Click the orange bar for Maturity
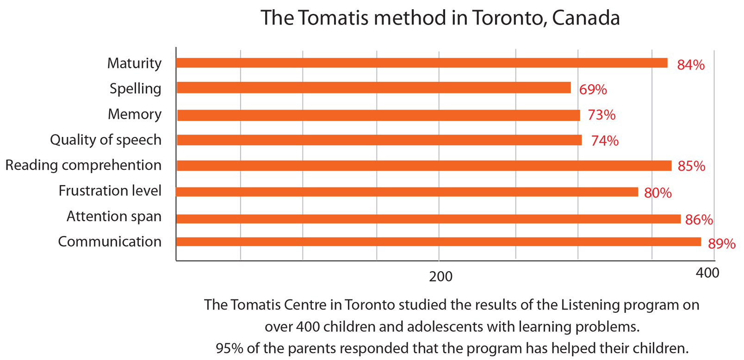click(421, 63)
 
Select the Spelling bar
click(373, 87)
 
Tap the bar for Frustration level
click(407, 192)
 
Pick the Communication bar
click(438, 242)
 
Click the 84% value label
click(691, 65)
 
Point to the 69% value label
click(593, 89)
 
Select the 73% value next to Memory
click(601, 115)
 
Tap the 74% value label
click(605, 141)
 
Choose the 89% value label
click(722, 243)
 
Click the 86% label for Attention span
click(699, 219)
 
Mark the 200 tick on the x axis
click(440, 277)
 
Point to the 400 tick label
click(707, 273)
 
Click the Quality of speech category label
click(105, 140)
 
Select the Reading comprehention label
click(83, 165)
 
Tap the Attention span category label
click(114, 216)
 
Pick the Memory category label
click(135, 114)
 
